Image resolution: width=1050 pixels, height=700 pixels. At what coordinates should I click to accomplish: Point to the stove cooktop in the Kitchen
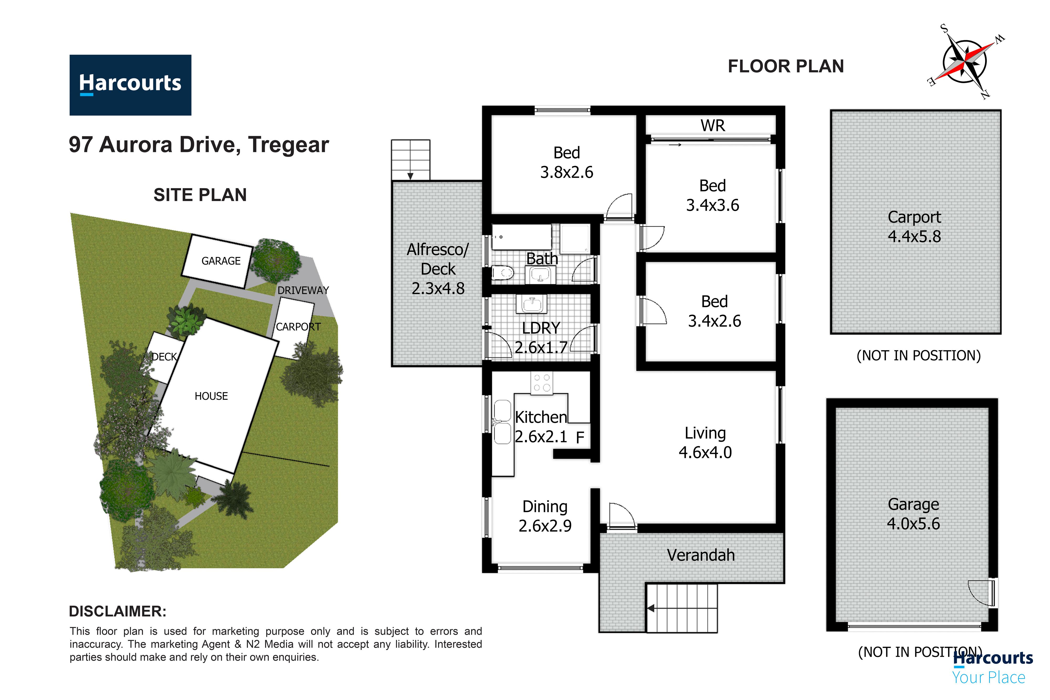(x=542, y=383)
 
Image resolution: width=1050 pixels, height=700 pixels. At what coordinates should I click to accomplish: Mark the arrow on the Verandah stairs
(x=651, y=608)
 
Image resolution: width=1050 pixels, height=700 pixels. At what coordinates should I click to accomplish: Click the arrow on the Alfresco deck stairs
(x=410, y=176)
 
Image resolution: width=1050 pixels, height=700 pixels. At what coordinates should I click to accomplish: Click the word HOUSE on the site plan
(x=211, y=396)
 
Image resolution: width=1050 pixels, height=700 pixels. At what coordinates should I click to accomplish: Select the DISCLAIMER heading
(x=117, y=611)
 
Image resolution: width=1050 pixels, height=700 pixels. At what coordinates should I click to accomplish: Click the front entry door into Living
(x=621, y=518)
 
